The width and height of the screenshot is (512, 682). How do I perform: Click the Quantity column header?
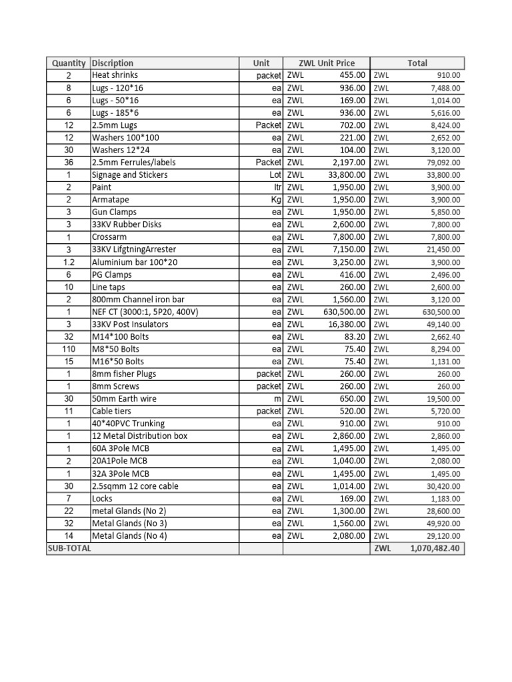coord(68,63)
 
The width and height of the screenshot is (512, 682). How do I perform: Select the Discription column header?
coord(113,63)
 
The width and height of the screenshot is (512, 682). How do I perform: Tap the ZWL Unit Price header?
coord(327,63)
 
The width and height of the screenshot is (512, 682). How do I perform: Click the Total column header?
coord(417,63)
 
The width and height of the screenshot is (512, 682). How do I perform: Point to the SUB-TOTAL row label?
coord(69,548)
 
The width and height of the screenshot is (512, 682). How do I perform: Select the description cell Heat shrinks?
coord(115,75)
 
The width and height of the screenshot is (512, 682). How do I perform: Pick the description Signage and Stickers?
coord(129,175)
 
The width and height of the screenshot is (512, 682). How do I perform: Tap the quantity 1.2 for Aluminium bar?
coord(68,262)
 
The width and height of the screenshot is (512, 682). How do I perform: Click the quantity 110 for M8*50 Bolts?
coord(68,349)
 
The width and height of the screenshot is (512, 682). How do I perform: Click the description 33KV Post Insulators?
coord(130,324)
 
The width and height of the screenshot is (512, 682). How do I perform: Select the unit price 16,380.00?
coord(345,324)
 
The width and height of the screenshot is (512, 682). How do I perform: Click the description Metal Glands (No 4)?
coord(129,535)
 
